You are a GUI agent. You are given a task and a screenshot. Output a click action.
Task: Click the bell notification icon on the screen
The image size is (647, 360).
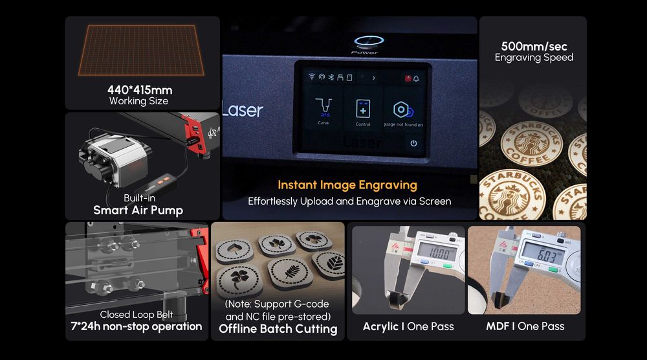415,78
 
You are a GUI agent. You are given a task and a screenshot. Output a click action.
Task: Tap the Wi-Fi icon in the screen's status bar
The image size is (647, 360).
312,77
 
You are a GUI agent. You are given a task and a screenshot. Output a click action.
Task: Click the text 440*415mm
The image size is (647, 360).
139,90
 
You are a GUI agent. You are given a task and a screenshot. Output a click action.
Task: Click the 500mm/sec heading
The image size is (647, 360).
534,46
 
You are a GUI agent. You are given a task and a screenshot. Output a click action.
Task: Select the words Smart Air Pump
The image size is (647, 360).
138,210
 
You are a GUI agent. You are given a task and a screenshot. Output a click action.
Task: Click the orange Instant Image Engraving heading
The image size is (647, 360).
347,185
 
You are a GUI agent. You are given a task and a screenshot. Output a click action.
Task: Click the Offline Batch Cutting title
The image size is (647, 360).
278,329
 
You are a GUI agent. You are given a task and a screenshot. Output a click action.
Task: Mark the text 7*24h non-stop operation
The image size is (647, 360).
137,326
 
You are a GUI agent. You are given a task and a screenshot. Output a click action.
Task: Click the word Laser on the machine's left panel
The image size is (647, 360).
243,110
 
